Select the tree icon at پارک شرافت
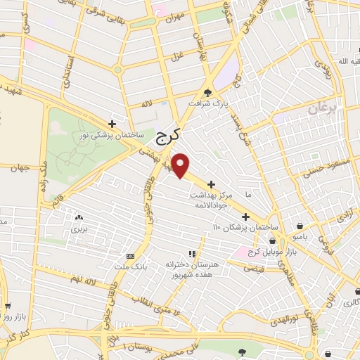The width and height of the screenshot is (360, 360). pyautogui.click(x=207, y=92)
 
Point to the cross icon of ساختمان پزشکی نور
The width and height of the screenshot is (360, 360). pyautogui.click(x=111, y=123)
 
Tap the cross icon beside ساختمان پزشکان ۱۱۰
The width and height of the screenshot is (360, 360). pyautogui.click(x=246, y=217)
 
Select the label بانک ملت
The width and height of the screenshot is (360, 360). pyautogui.click(x=130, y=266)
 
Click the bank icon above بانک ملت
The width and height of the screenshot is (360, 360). pyautogui.click(x=130, y=256)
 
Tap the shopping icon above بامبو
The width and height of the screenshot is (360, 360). pyautogui.click(x=301, y=226)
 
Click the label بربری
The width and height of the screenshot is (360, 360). pyautogui.click(x=77, y=230)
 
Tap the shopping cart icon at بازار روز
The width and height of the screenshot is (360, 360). pyautogui.click(x=8, y=306)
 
